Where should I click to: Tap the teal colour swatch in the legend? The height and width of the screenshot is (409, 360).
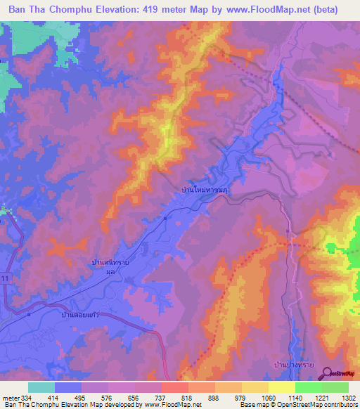click(41, 387)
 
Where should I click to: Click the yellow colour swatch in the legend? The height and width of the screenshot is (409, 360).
click(281, 387)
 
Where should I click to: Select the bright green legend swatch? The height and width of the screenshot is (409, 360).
click(308, 387)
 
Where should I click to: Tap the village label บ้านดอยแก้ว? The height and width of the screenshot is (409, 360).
click(79, 316)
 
